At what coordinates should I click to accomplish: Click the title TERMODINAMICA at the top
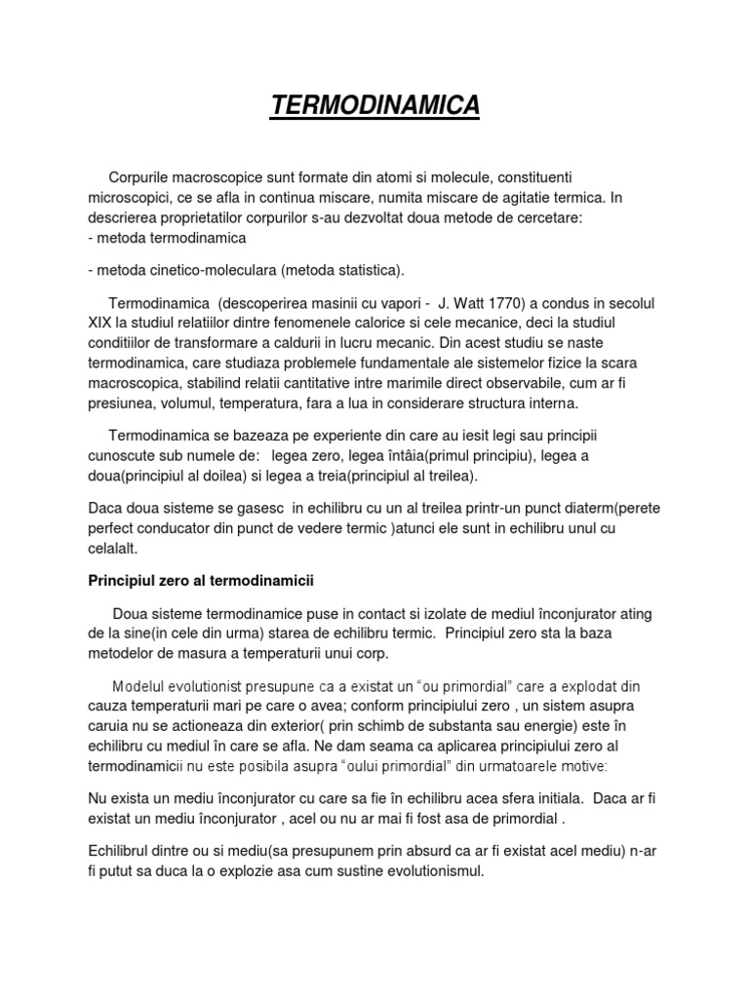(x=374, y=105)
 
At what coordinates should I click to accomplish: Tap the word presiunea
(x=119, y=402)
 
